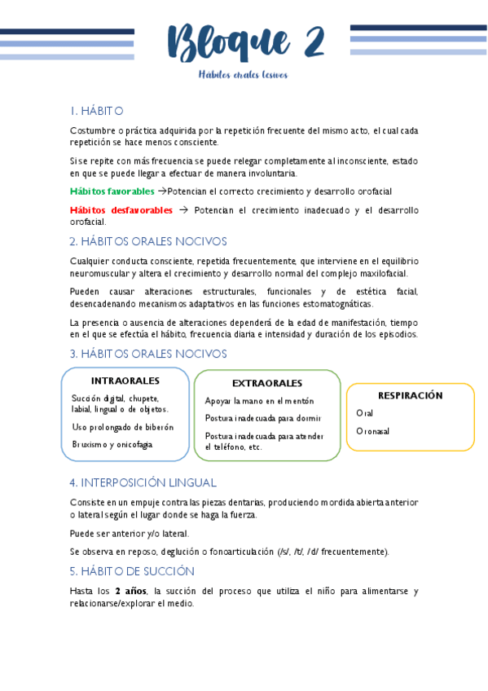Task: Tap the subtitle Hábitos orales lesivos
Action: tap(244, 75)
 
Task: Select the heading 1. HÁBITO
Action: tap(96, 111)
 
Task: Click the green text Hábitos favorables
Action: tap(112, 191)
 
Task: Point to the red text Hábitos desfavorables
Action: tap(121, 210)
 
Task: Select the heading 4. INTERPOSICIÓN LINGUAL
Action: tap(143, 482)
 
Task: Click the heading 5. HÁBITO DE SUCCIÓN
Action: tap(132, 570)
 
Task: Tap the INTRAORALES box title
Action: tap(125, 381)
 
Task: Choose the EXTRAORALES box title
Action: tap(267, 383)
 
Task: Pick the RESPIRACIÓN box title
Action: tap(410, 395)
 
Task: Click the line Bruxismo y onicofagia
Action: tap(112, 445)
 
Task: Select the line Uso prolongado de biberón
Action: tap(122, 427)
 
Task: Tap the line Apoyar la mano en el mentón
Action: tap(259, 401)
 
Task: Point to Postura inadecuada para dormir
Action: tap(262, 418)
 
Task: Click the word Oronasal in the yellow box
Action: tap(373, 431)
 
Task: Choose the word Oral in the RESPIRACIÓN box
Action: tap(365, 413)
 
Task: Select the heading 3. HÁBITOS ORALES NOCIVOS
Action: tap(148, 354)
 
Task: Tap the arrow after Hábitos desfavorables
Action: tap(182, 210)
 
